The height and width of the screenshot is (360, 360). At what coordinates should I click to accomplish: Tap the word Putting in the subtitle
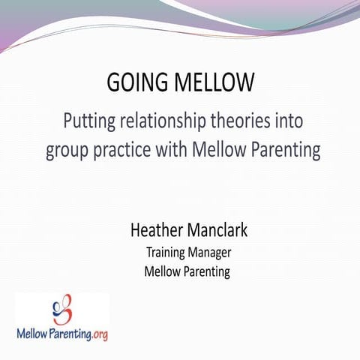(x=89, y=121)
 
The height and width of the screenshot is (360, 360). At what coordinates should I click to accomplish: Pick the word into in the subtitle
(x=292, y=121)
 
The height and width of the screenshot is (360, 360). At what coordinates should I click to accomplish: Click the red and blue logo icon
(x=61, y=307)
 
